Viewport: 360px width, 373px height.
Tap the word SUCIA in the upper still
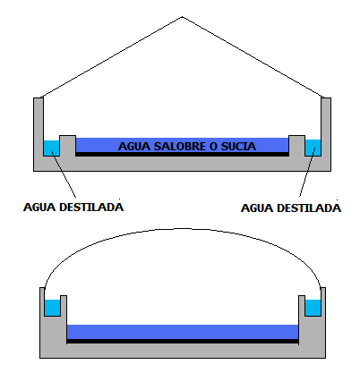(238, 146)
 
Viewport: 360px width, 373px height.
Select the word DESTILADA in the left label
(91, 207)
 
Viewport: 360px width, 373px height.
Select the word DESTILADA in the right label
(309, 208)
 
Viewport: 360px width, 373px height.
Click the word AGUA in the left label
(39, 207)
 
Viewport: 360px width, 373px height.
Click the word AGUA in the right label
(257, 208)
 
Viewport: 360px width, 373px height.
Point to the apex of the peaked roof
(183, 17)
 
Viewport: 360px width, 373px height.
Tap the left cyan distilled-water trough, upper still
(51, 148)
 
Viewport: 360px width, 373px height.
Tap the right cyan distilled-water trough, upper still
(313, 148)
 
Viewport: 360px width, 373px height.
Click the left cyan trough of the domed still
(53, 308)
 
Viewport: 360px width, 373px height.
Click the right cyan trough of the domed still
(313, 308)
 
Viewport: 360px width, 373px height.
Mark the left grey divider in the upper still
(67, 146)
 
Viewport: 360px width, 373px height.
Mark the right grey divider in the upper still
(296, 146)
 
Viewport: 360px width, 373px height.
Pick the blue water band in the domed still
(183, 332)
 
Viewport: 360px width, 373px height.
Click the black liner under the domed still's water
(183, 341)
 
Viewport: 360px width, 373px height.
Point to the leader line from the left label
(64, 174)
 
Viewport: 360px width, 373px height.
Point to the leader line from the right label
(306, 173)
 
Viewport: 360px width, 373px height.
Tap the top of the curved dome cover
(183, 229)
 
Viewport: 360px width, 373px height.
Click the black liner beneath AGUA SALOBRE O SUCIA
(182, 154)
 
